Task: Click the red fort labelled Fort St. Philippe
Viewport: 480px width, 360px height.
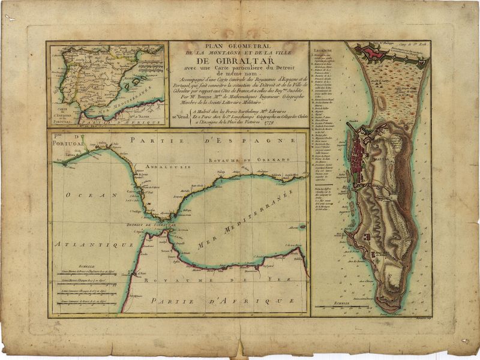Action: (x=369, y=55)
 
